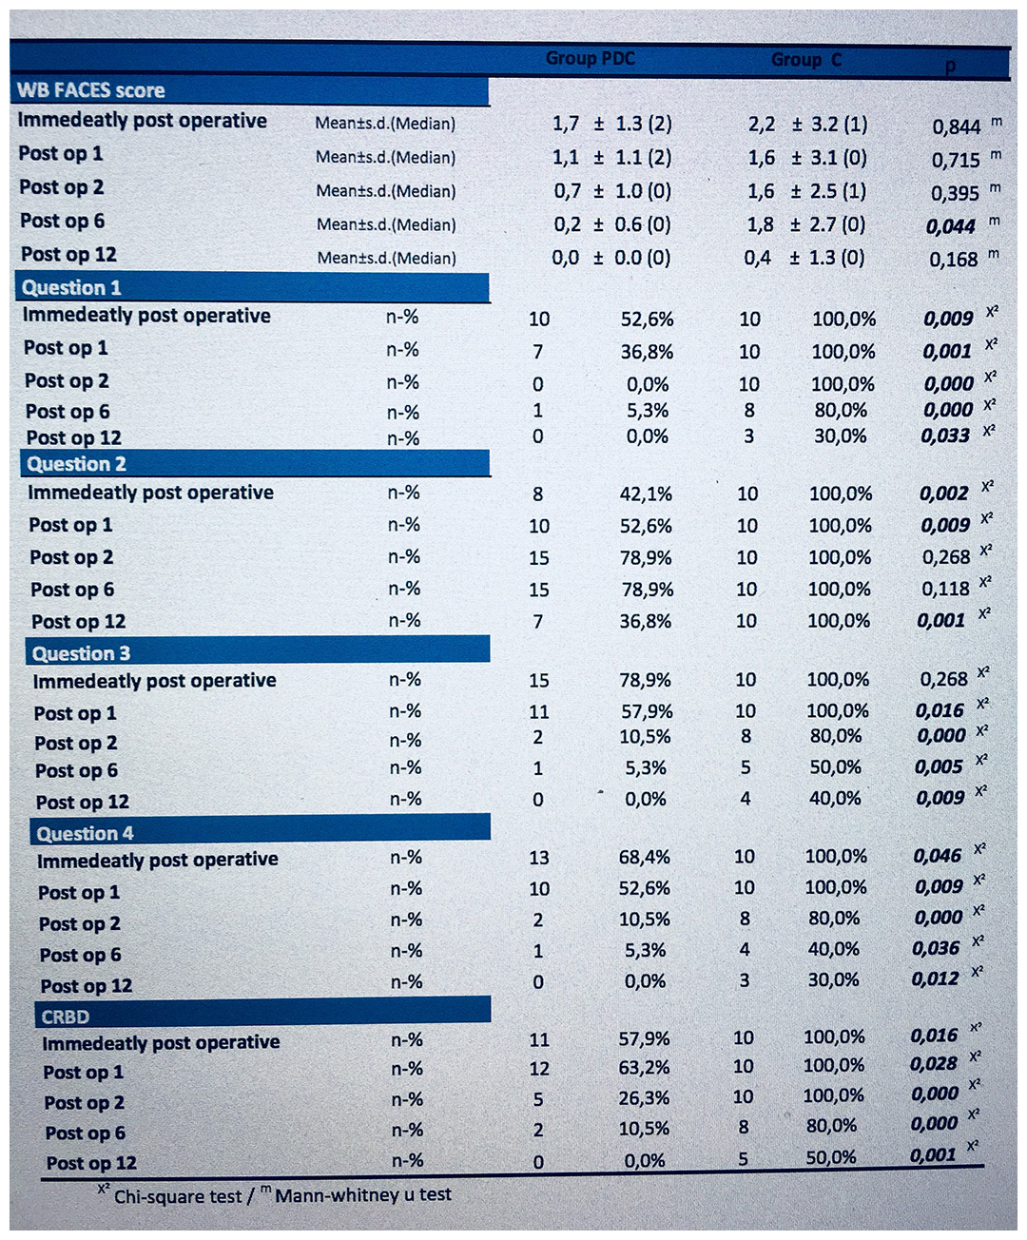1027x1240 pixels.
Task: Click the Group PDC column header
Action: click(591, 58)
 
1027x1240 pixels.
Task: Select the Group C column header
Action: click(806, 59)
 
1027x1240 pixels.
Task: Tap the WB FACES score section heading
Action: click(91, 90)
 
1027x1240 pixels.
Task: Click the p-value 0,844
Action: click(957, 126)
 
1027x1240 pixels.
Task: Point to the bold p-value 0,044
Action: click(951, 226)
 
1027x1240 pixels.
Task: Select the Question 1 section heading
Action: click(71, 288)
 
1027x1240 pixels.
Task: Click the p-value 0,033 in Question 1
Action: click(945, 436)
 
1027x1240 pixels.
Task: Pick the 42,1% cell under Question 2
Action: click(647, 494)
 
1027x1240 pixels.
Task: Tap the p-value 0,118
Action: click(945, 589)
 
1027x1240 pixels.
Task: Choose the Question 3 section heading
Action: click(81, 653)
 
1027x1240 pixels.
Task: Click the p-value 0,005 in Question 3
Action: click(939, 766)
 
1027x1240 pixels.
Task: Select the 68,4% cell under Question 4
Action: click(644, 857)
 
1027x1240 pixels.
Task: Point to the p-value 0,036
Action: click(936, 948)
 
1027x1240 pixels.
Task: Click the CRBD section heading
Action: click(66, 1017)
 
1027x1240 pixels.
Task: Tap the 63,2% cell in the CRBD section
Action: click(644, 1067)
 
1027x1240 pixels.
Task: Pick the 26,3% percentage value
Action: click(644, 1097)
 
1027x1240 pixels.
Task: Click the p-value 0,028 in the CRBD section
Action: click(934, 1063)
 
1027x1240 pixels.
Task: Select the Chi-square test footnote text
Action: click(178, 1196)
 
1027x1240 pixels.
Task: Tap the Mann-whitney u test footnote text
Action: click(363, 1195)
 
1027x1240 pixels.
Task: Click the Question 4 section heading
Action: click(85, 834)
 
